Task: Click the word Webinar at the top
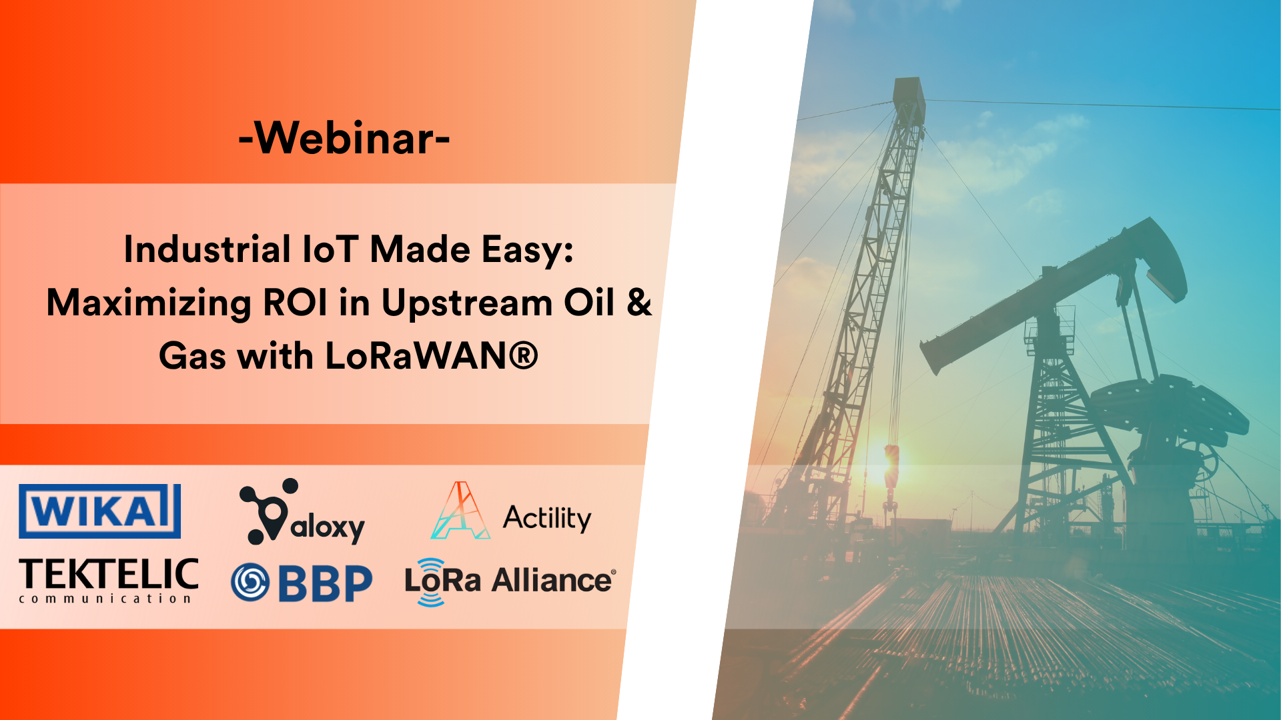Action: click(x=344, y=138)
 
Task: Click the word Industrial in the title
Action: click(x=207, y=250)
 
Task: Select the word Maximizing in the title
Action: click(x=148, y=303)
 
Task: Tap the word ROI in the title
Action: click(x=296, y=303)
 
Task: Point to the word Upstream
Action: click(x=466, y=303)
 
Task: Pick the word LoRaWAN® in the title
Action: click(x=431, y=356)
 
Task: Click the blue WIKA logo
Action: click(x=99, y=511)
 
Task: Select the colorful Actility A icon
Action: click(x=460, y=511)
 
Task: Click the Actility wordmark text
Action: click(x=547, y=518)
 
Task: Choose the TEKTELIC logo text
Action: click(x=109, y=574)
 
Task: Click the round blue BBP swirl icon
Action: click(x=250, y=582)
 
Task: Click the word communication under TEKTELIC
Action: click(x=105, y=599)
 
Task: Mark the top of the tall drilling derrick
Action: click(x=909, y=90)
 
